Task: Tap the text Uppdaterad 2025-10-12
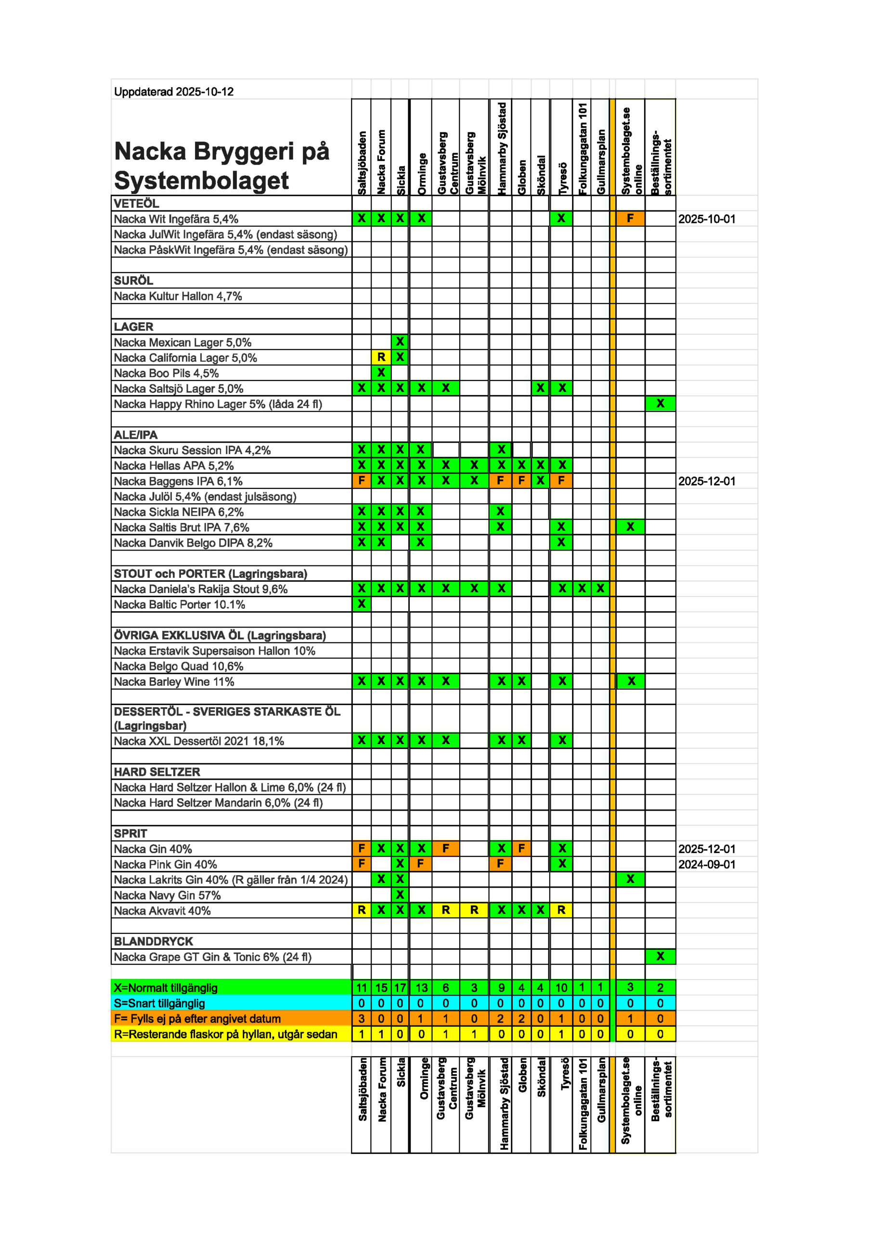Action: pos(173,92)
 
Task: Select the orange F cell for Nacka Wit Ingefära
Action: pos(630,219)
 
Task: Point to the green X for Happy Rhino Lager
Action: pos(660,403)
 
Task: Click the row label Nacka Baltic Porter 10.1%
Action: pos(179,604)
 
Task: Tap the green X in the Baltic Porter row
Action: pos(361,604)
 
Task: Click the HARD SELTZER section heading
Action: pos(157,772)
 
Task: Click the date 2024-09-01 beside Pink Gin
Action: pos(706,865)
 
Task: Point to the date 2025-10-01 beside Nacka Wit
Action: pos(706,219)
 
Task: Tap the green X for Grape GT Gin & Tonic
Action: pos(660,957)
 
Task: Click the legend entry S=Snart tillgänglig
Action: pos(159,1003)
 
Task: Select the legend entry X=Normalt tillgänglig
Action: pos(165,987)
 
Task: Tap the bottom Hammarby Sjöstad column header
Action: pos(504,1103)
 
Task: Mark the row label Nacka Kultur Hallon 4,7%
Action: pos(178,296)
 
